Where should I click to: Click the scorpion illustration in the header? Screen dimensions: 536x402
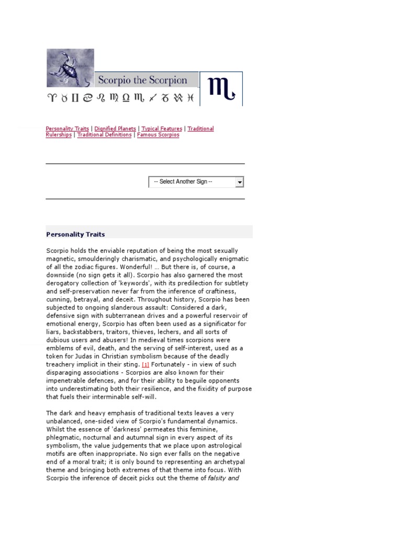(70, 68)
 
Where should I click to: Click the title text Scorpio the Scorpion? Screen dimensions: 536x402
(142, 80)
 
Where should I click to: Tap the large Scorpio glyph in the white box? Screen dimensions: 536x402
(221, 88)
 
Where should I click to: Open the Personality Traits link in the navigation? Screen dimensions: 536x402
(67, 129)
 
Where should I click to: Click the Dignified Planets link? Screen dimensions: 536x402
(115, 129)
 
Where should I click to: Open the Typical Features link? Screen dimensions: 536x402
(162, 129)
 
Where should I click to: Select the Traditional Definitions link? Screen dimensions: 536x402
(105, 135)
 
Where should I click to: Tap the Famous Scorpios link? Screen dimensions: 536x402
(158, 135)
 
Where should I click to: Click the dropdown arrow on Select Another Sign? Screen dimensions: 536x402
(239, 182)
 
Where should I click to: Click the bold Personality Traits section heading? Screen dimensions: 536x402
(75, 234)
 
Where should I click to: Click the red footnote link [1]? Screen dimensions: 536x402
(146, 364)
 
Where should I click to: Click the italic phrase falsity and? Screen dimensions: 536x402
(223, 478)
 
